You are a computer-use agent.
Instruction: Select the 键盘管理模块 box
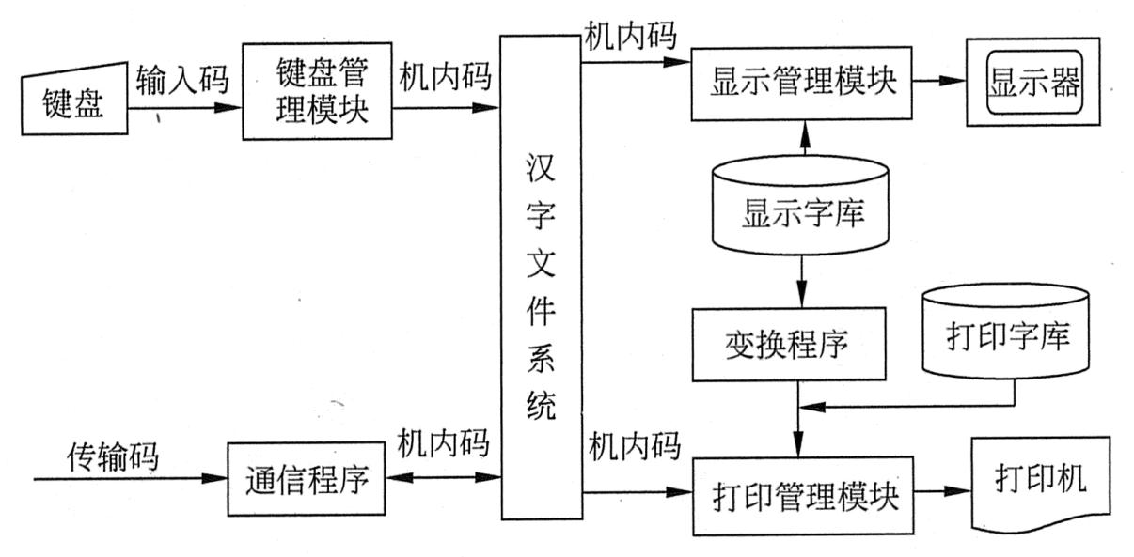coord(318,90)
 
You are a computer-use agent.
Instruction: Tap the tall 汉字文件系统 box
coord(540,277)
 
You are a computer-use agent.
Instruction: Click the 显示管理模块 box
coord(801,82)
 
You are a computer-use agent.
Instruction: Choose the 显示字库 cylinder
coord(801,207)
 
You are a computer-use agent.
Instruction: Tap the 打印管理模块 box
coord(801,495)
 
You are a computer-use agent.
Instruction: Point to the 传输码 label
coord(112,456)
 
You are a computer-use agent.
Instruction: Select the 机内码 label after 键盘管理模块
coord(444,76)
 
